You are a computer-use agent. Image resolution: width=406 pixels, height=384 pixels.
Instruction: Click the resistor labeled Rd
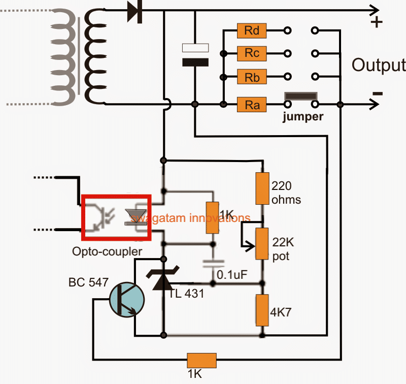click(x=252, y=30)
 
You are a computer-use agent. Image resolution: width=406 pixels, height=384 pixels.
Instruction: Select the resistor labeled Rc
click(x=252, y=52)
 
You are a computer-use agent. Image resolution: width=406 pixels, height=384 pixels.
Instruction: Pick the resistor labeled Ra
click(x=252, y=105)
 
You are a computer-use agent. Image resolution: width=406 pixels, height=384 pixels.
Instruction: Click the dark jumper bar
click(x=301, y=97)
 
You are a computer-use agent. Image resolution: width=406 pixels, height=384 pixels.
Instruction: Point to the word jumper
click(x=303, y=116)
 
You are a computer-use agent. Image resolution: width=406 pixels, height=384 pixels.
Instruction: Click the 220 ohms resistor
click(x=262, y=188)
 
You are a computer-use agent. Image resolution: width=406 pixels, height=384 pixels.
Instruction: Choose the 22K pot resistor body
click(x=262, y=243)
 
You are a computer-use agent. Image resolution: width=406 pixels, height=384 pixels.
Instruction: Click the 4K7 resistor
click(x=262, y=310)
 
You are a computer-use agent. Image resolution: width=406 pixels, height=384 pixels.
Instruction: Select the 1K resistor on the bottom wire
click(x=202, y=361)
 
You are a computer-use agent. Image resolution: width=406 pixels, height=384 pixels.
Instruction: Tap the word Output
click(x=378, y=66)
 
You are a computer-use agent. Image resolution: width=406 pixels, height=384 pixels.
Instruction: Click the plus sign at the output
click(x=377, y=23)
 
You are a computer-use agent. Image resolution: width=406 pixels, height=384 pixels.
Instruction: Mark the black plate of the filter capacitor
click(x=195, y=63)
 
